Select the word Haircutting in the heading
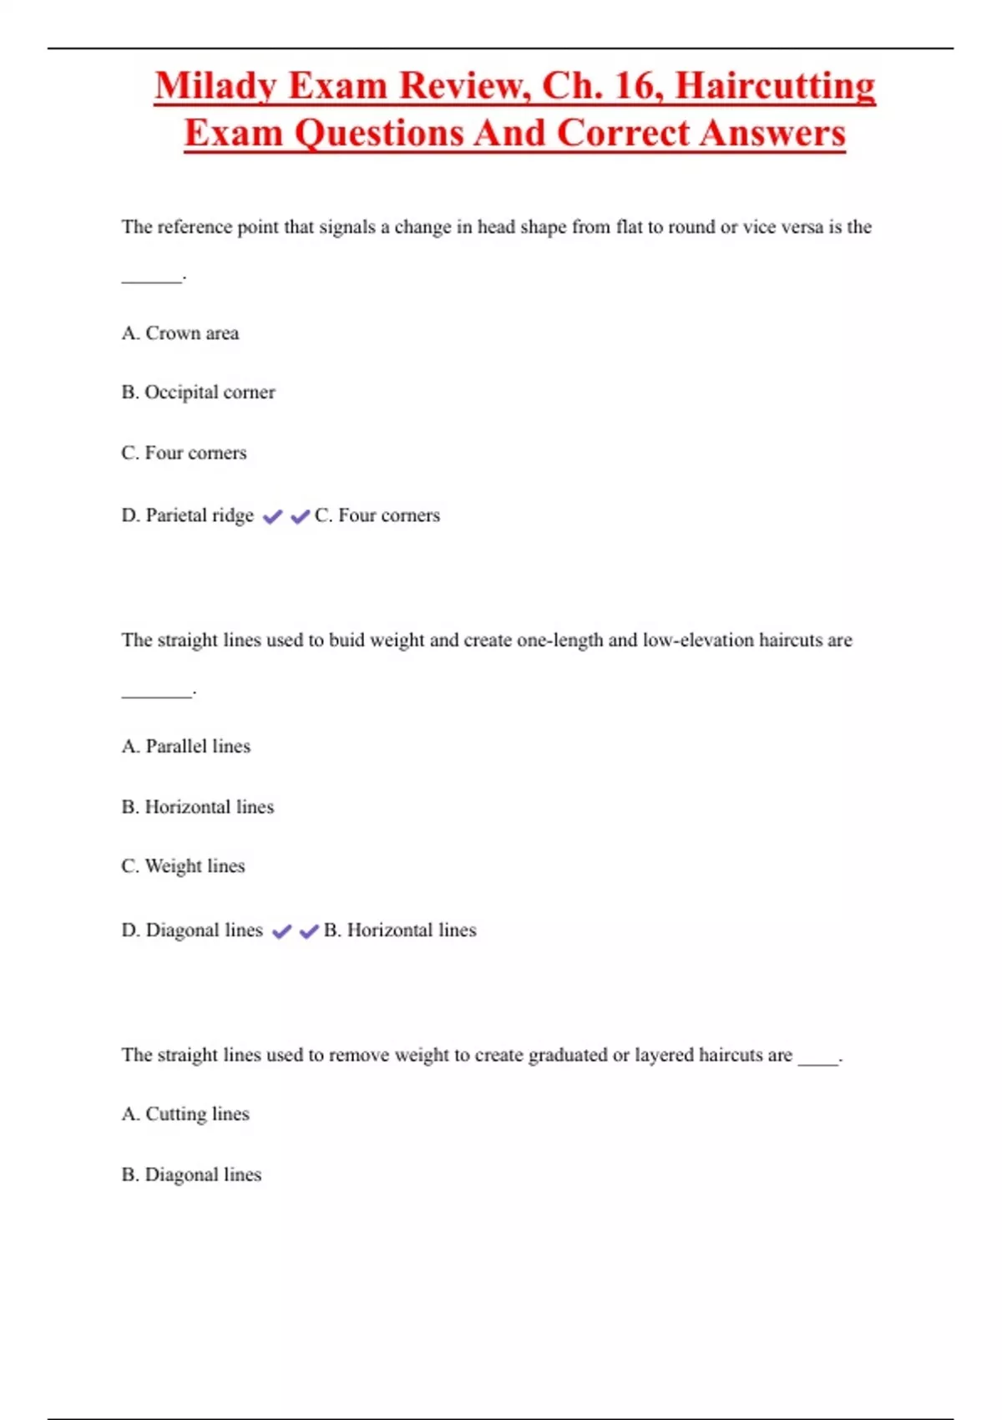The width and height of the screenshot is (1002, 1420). click(x=775, y=86)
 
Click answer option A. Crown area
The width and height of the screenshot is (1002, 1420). click(x=180, y=333)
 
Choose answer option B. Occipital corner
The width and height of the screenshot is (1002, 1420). click(x=198, y=393)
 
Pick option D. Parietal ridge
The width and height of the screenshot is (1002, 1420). click(x=187, y=515)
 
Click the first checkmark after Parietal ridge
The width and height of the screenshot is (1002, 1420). click(x=272, y=517)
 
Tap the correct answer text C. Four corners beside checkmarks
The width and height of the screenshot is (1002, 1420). click(x=377, y=515)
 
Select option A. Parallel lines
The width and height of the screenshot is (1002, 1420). click(x=185, y=746)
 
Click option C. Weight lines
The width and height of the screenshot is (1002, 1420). click(x=183, y=866)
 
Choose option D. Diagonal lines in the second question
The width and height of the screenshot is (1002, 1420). click(x=192, y=931)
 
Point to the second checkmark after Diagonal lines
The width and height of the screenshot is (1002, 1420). click(x=309, y=931)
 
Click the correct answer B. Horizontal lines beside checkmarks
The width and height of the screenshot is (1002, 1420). click(x=400, y=931)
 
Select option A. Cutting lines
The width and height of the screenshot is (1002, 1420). click(x=185, y=1114)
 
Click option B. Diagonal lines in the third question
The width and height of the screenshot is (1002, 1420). click(x=191, y=1175)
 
